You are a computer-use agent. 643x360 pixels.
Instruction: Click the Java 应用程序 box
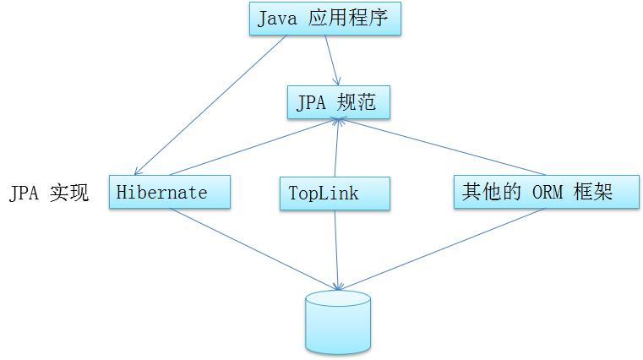pyautogui.click(x=324, y=19)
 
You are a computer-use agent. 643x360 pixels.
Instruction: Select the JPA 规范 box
pyautogui.click(x=338, y=103)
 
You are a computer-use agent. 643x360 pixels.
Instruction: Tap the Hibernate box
pyautogui.click(x=169, y=192)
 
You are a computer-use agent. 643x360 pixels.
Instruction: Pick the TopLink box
pyautogui.click(x=335, y=193)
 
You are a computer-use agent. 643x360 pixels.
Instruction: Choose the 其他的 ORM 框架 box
pyautogui.click(x=546, y=192)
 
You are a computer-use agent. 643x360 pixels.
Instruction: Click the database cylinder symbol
pyautogui.click(x=338, y=321)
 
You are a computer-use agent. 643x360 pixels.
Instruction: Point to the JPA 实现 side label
pyautogui.click(x=49, y=193)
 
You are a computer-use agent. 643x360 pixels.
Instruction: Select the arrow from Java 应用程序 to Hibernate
pyautogui.click(x=211, y=105)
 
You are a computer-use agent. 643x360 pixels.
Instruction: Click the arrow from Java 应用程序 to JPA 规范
pyautogui.click(x=331, y=59)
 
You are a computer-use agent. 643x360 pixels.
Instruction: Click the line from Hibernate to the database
pyautogui.click(x=253, y=249)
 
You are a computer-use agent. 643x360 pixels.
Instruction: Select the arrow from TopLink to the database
pyautogui.click(x=336, y=249)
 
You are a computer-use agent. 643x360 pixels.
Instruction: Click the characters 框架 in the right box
pyautogui.click(x=597, y=192)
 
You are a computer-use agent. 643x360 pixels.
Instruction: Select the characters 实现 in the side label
pyautogui.click(x=69, y=193)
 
